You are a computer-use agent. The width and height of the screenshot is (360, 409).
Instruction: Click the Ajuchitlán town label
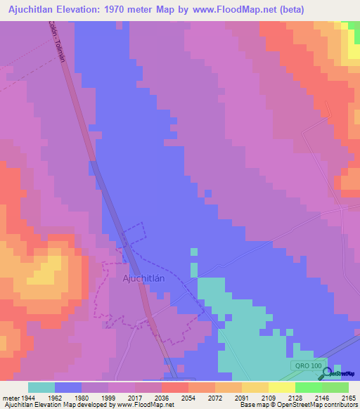143,278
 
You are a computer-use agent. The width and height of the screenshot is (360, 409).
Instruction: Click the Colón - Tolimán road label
57,41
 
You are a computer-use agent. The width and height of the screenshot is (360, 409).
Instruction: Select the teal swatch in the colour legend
41,387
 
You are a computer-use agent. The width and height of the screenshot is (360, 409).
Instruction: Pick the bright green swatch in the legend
308,387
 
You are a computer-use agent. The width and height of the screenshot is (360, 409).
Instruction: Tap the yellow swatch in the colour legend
255,387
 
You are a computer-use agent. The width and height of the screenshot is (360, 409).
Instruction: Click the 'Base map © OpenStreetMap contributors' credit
297,405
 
